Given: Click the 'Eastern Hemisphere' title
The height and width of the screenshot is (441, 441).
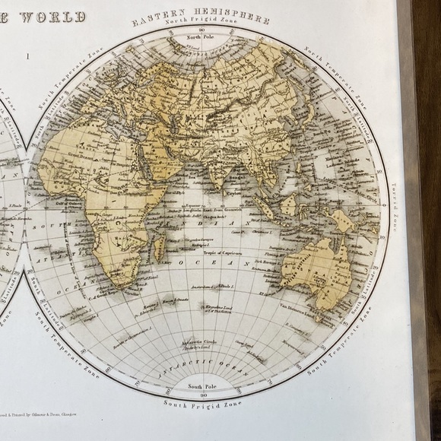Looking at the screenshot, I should (201, 17).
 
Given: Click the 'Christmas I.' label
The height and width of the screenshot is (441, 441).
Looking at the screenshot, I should (265, 228).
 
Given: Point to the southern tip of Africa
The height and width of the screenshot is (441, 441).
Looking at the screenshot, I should (118, 284).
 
